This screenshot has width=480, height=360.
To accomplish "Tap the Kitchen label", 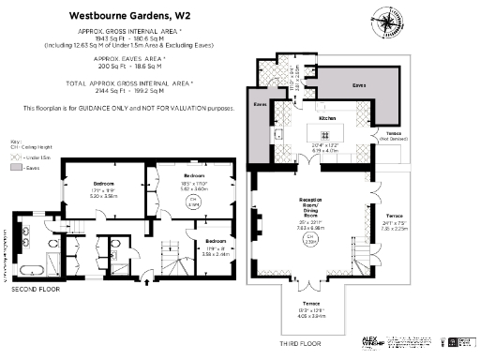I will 327,119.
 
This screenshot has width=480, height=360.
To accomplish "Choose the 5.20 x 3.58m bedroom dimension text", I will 103,196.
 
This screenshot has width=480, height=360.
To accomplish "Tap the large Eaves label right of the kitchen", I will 358,85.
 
